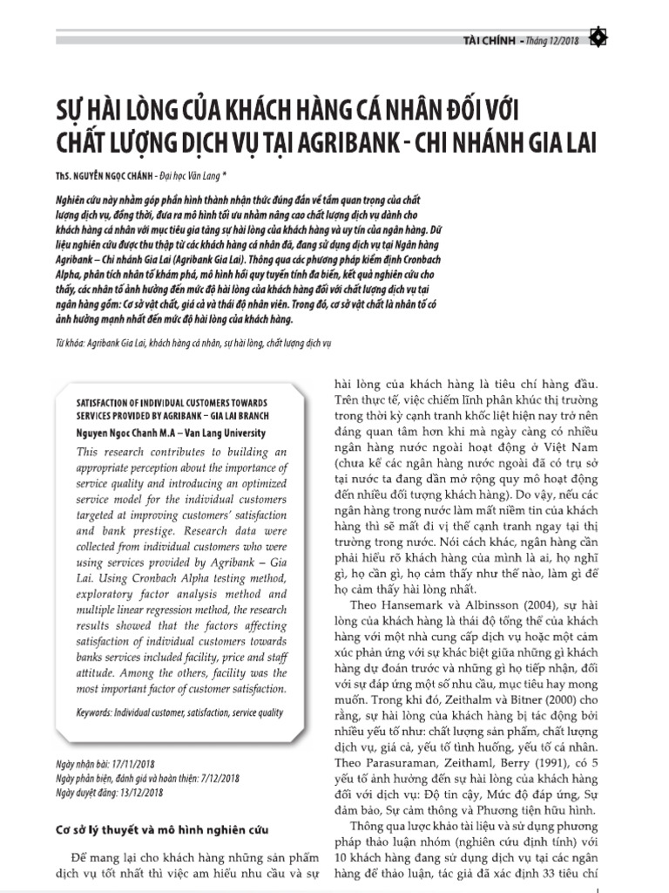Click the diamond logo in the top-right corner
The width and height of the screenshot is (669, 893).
tap(598, 37)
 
